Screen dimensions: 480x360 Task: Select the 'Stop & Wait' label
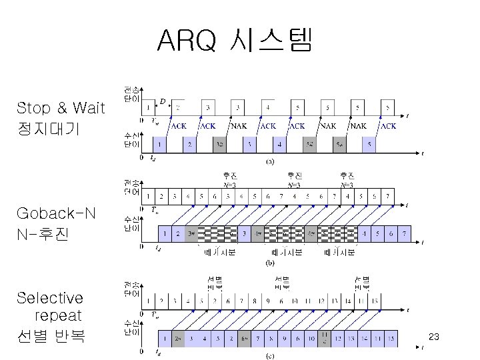[x=61, y=108]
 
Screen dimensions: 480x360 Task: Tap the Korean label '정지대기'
[x=51, y=128]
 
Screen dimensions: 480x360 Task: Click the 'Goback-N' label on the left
[x=56, y=213]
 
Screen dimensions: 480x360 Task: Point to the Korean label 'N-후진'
[x=44, y=234]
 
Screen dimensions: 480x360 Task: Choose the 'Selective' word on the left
[x=50, y=297]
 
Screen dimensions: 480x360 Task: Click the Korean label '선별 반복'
[x=51, y=335]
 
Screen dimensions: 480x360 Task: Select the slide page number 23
[x=433, y=337]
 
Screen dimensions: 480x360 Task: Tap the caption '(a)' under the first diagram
[x=270, y=161]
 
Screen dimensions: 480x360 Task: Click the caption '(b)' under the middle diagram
[x=270, y=263]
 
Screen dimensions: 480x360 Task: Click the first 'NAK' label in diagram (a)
[x=238, y=125]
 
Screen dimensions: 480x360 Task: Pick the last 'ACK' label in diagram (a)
[x=388, y=125]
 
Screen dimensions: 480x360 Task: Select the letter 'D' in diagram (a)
[x=163, y=102]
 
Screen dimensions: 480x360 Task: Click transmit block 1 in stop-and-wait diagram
[x=148, y=107]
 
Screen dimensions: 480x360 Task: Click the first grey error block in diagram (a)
[x=219, y=143]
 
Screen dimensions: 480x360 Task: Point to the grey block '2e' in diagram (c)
[x=179, y=339]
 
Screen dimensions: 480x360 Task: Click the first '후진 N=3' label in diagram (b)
[x=230, y=180]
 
